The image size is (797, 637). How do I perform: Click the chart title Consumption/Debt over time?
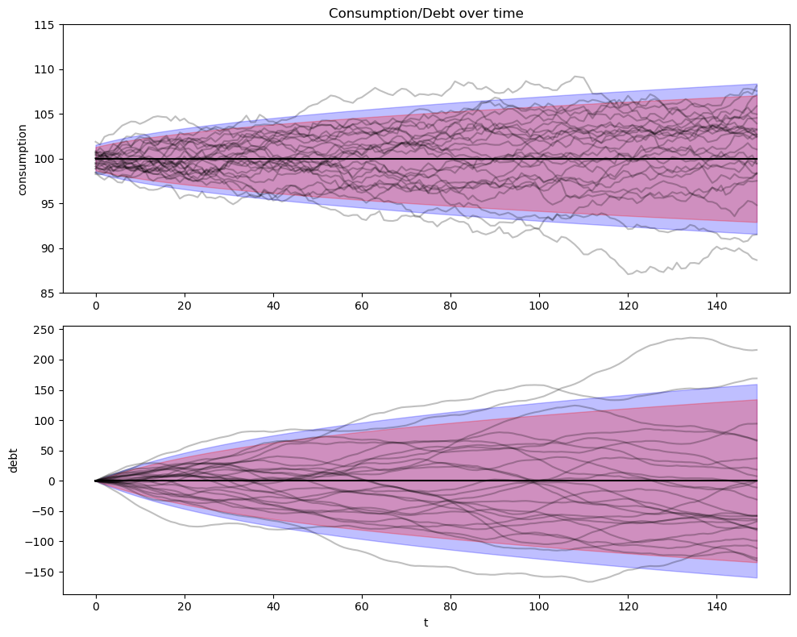pos(425,13)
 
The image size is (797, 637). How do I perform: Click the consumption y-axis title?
pos(23,159)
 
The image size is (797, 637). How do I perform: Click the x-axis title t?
pos(425,622)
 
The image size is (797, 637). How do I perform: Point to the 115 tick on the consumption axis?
pos(45,25)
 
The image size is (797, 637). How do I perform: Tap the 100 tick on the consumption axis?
pos(45,159)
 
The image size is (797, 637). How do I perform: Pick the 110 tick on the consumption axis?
pos(45,70)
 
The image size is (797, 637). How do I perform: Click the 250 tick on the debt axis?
pos(45,329)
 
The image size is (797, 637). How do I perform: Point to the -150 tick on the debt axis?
pos(42,572)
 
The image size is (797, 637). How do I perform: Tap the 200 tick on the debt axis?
pos(45,360)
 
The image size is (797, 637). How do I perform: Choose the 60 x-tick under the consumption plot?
pos(361,306)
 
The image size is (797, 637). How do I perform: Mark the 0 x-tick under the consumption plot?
pos(95,306)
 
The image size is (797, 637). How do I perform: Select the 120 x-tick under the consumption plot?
pos(627,306)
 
